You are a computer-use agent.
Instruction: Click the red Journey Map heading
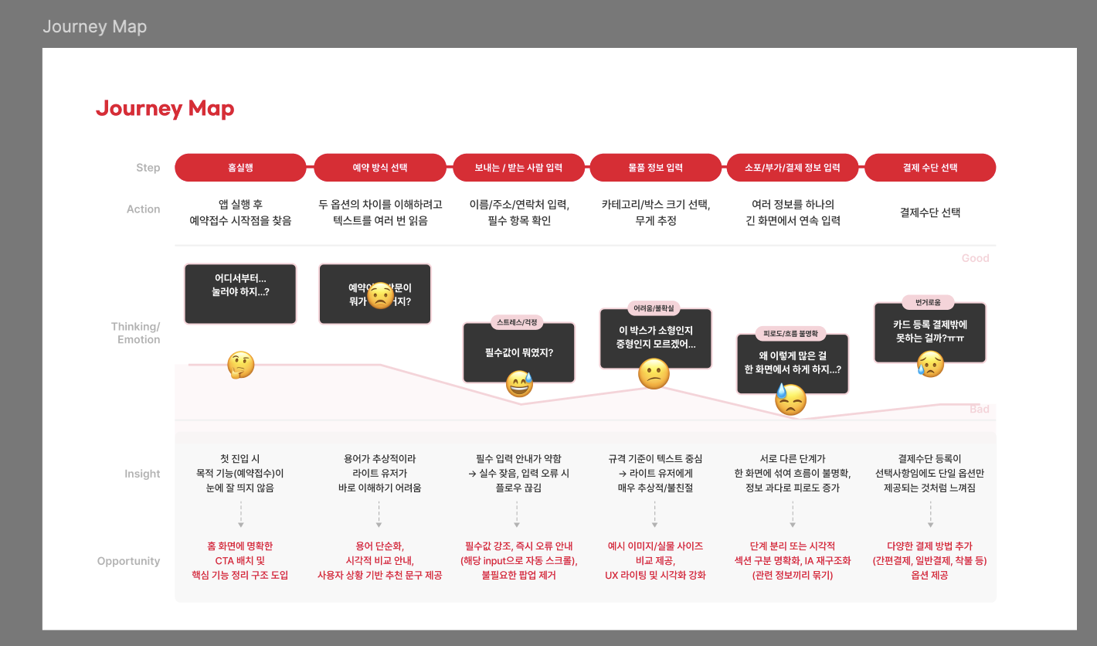165,109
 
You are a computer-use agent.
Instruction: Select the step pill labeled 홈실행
240,168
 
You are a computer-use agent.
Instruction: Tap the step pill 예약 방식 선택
379,168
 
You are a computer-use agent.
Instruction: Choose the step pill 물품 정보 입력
655,168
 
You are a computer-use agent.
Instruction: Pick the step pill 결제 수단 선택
929,168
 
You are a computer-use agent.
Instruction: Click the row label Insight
142,474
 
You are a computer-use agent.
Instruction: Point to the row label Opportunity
128,561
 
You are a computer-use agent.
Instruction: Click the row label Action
143,209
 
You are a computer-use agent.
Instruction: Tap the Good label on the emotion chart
975,258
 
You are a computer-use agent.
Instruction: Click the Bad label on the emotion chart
979,409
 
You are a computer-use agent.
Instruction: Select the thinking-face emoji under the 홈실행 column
240,365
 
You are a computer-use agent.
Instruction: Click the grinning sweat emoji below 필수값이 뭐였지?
519,384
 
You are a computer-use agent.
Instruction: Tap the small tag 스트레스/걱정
518,322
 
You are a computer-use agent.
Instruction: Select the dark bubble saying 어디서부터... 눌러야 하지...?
240,294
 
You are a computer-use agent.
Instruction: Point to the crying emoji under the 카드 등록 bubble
930,364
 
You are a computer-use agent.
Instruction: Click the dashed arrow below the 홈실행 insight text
240,515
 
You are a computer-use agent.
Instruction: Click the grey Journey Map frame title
94,27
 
